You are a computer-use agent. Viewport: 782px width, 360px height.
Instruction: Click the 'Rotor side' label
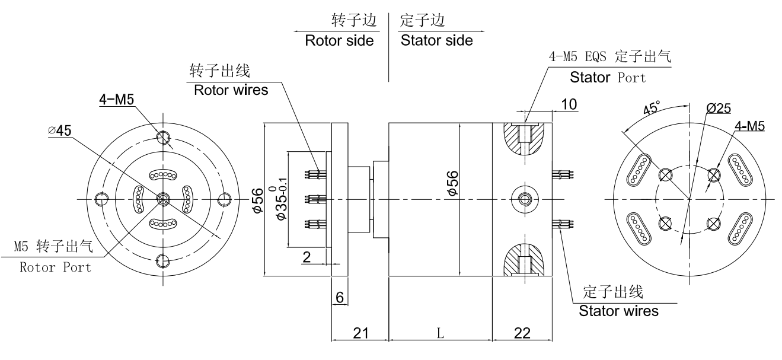339,41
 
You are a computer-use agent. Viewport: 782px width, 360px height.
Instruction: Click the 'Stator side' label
436,41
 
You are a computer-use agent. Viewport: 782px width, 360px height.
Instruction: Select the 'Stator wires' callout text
618,310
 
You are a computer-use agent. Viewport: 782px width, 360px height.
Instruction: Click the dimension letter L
440,333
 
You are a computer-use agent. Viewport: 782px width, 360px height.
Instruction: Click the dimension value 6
340,297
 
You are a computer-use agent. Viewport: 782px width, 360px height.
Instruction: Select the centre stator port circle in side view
522,198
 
